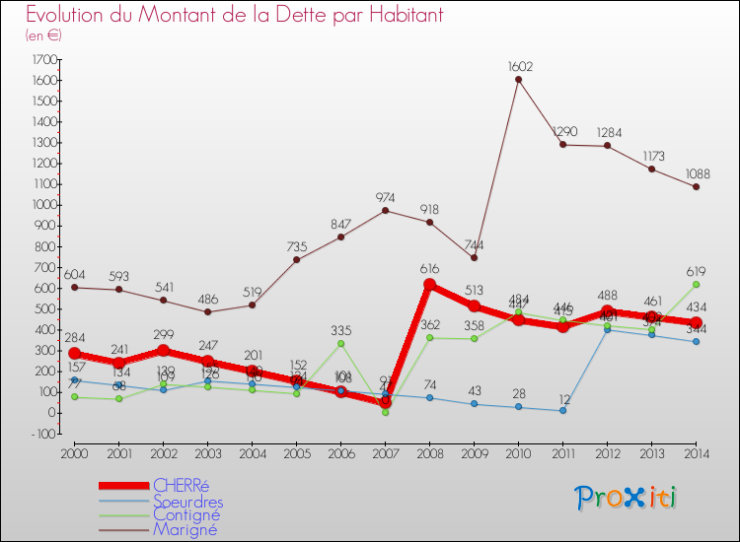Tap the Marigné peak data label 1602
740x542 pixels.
coord(520,67)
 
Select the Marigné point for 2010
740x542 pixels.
coord(519,80)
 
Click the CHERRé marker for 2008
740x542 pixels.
coord(430,285)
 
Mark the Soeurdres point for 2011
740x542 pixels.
coord(563,410)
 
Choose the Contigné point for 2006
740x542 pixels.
coord(341,343)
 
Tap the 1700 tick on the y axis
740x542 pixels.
coord(43,59)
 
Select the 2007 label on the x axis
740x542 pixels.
coord(386,453)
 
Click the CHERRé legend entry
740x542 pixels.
coord(180,485)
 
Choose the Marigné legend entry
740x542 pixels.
coord(185,529)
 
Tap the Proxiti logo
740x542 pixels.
coord(627,498)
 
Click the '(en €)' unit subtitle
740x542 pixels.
coord(44,35)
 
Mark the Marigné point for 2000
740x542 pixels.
coord(75,287)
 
